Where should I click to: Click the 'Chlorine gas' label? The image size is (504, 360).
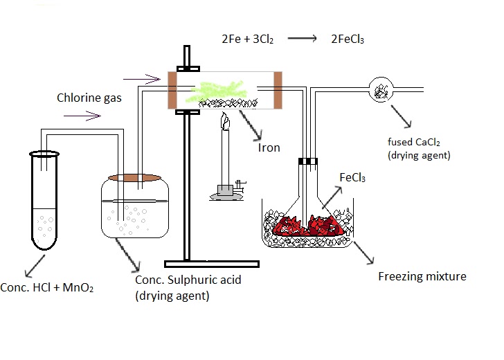[89, 98]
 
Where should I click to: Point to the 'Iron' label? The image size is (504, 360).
[269, 147]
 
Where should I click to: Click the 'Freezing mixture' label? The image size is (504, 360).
[422, 277]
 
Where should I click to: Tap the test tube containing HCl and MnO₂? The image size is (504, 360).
[46, 201]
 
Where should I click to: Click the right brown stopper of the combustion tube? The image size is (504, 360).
[278, 89]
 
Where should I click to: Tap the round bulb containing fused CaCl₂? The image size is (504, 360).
[380, 89]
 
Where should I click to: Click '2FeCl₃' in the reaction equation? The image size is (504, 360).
[348, 39]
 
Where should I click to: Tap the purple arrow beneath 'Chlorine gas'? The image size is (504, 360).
[75, 112]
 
